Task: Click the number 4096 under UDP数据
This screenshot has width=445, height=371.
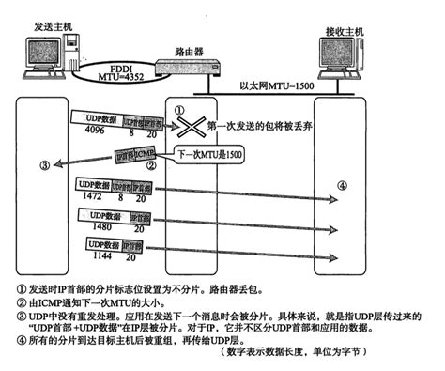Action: pyautogui.click(x=85, y=133)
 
